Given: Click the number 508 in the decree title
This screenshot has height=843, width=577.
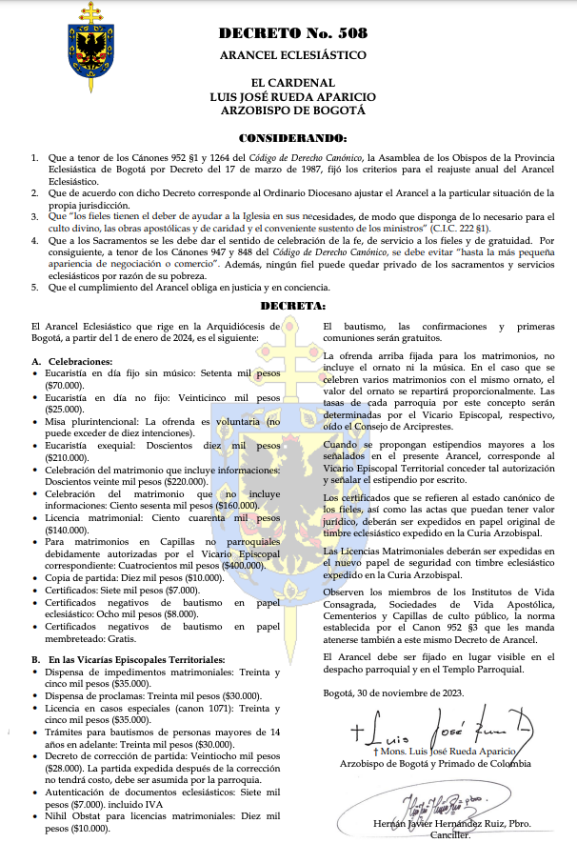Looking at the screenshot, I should point(348,33).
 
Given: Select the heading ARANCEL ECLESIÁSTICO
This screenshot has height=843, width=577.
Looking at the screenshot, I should point(292,55).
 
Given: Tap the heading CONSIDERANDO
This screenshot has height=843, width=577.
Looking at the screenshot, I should point(292,138).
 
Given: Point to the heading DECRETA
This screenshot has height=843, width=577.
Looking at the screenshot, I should point(292,307).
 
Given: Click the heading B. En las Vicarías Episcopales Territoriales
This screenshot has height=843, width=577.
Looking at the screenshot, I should point(129,659).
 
